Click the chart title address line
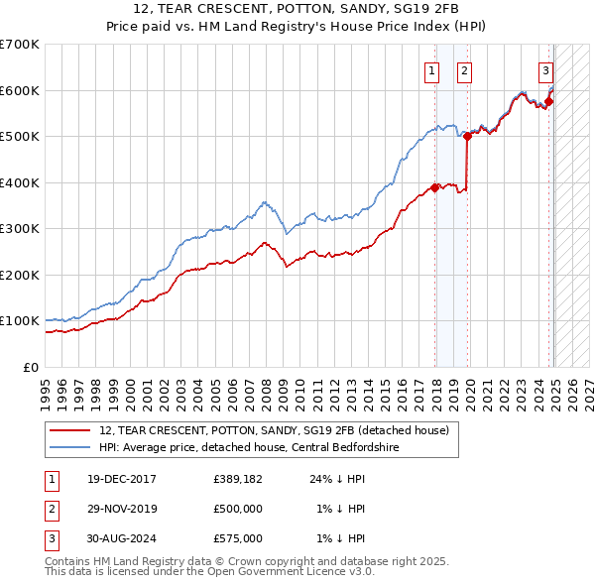pos(297,10)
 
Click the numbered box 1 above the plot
pos(433,70)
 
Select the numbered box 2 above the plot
pos(464,70)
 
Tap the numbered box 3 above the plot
pos(545,70)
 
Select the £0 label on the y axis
pos(32,367)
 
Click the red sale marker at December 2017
pos(435,187)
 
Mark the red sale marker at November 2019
pos(468,137)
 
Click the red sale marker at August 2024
pos(549,101)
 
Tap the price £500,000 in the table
pos(238,509)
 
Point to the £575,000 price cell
pos(238,538)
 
